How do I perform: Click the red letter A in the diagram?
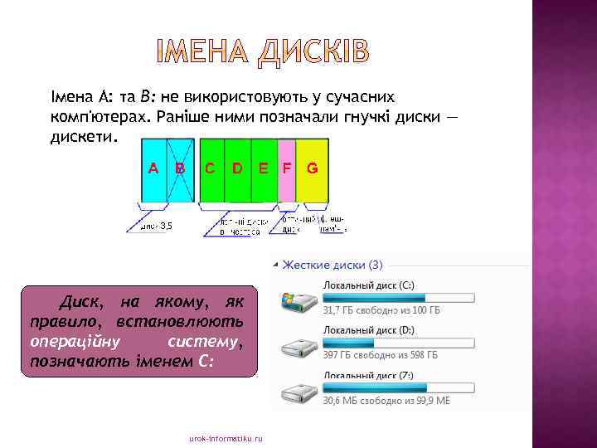[153, 168]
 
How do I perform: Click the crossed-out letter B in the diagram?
[180, 168]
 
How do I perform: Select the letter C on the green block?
[211, 168]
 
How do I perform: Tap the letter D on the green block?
[237, 168]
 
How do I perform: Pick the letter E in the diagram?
[263, 168]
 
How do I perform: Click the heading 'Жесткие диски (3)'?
[332, 265]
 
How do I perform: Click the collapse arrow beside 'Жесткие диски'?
[274, 265]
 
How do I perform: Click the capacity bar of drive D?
[398, 342]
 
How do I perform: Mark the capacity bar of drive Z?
[398, 387]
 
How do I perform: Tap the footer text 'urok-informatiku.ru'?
[226, 437]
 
